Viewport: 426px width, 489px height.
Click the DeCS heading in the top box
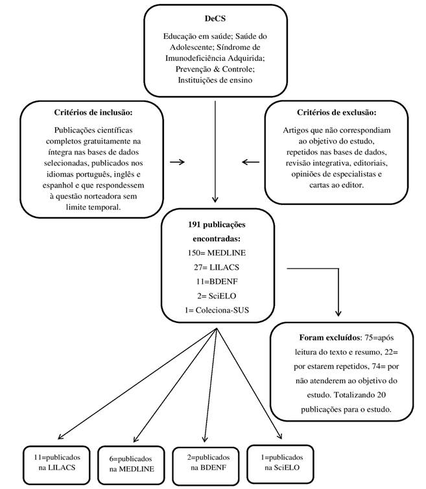[x=215, y=18]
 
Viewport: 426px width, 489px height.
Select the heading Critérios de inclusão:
[x=93, y=112]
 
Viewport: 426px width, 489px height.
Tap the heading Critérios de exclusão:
[x=337, y=112]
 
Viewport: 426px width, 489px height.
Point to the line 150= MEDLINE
[x=217, y=253]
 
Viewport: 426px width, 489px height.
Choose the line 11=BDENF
[x=217, y=281]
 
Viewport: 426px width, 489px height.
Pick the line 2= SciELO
[x=217, y=296]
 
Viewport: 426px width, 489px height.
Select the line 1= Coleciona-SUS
[x=217, y=310]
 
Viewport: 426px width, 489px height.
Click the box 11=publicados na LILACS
[x=56, y=464]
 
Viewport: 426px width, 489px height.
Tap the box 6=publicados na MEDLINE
[x=131, y=464]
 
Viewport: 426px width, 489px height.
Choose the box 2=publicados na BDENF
[x=206, y=465]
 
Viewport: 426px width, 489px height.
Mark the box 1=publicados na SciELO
[x=280, y=464]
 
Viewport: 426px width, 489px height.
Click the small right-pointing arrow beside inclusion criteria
[x=177, y=162]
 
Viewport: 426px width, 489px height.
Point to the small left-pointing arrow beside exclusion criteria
[x=250, y=162]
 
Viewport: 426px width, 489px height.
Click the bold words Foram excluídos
[x=329, y=337]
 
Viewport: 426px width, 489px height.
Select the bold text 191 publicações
[x=217, y=224]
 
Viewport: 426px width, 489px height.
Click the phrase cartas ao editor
[x=337, y=185]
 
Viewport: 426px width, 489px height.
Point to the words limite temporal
[x=93, y=207]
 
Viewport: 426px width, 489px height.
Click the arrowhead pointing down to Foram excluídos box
[x=338, y=313]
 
